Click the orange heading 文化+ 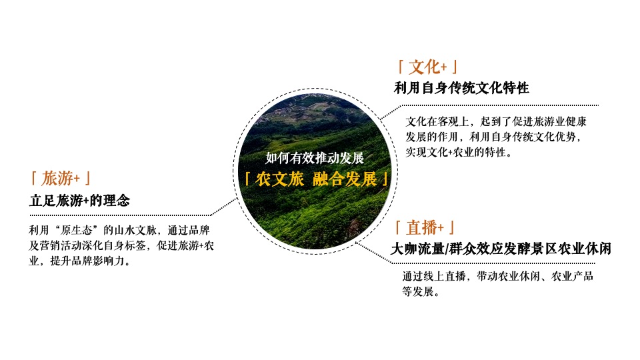[427, 67]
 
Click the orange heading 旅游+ [61, 179]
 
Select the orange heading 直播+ [427, 228]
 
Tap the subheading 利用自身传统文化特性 [461, 88]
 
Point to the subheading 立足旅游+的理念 [79, 200]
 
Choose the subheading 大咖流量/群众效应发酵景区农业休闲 [501, 249]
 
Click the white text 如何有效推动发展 [315, 158]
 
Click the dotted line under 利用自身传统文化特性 [507, 105]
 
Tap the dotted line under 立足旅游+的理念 [120, 215]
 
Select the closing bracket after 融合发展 [385, 179]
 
